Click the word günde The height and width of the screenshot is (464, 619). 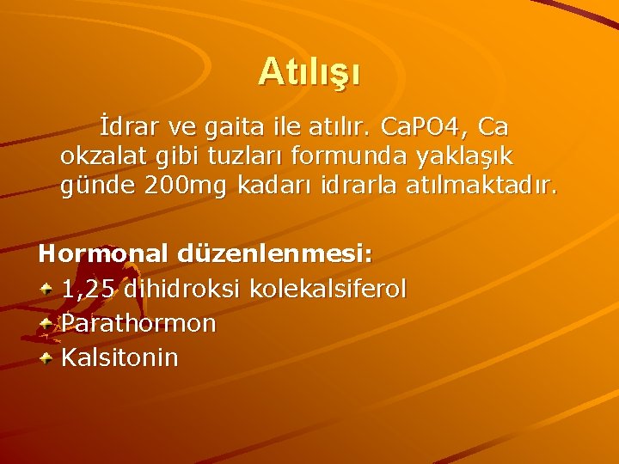pos(91,184)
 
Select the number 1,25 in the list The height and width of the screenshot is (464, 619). pos(89,290)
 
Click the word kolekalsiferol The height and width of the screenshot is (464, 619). pos(328,289)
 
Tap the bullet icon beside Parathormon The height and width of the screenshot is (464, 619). pos(50,322)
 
